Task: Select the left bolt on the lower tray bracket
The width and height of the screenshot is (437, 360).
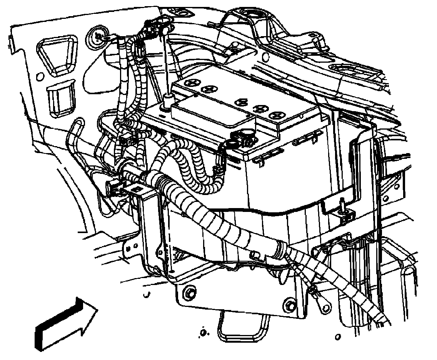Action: tap(189, 292)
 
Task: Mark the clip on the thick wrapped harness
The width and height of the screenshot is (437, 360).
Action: tap(254, 255)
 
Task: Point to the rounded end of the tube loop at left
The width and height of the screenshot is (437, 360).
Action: tap(77, 124)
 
